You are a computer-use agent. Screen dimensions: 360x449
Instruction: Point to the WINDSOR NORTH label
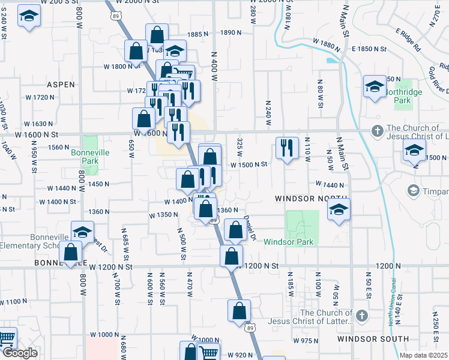(311, 199)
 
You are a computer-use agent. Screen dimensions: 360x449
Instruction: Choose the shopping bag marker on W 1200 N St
(231, 256)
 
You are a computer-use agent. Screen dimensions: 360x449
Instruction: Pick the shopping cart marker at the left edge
(6, 339)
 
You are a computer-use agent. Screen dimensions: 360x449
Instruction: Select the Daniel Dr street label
(250, 230)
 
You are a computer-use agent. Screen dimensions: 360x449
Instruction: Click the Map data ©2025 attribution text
(423, 355)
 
